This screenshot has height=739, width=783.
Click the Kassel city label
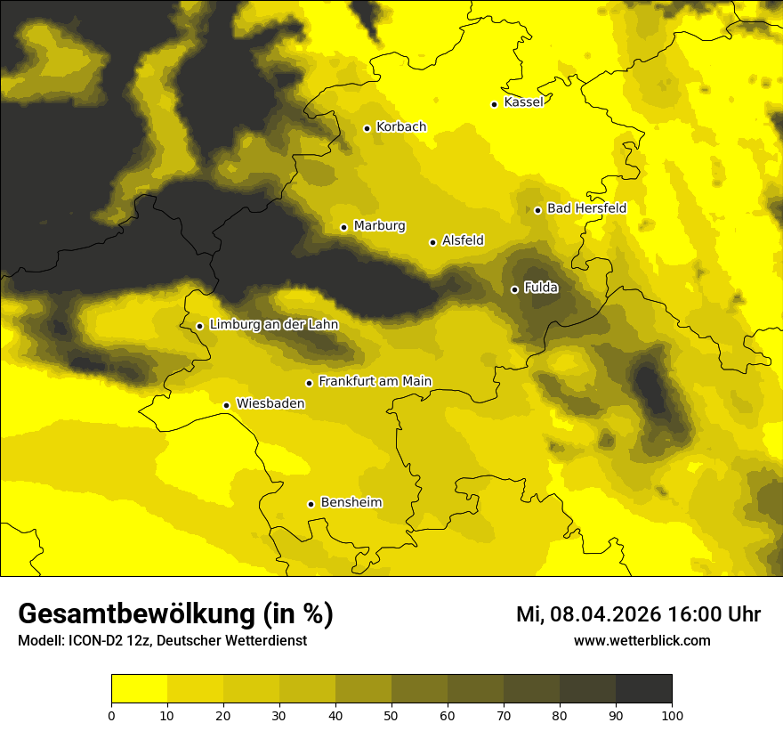523,102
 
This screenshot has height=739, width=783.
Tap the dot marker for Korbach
367,128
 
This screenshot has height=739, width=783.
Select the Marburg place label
379,226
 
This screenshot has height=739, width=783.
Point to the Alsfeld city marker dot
433,242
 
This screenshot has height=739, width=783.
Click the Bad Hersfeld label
586,208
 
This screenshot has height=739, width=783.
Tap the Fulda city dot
514,289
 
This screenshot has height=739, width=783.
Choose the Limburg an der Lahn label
273,325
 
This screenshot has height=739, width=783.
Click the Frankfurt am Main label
375,381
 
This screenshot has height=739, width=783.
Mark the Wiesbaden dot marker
227,406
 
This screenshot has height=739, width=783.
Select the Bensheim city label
351,502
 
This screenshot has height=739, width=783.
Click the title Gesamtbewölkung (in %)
175,614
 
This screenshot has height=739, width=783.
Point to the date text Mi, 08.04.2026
588,614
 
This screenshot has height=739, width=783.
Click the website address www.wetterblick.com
642,640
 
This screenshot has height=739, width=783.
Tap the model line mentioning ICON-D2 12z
162,641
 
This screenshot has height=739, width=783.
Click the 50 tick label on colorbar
391,715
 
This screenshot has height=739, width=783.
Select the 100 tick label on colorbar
672,715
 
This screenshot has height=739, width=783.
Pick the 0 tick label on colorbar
111,715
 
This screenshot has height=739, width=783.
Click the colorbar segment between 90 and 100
643,689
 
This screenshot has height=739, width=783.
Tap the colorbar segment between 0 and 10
139,689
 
